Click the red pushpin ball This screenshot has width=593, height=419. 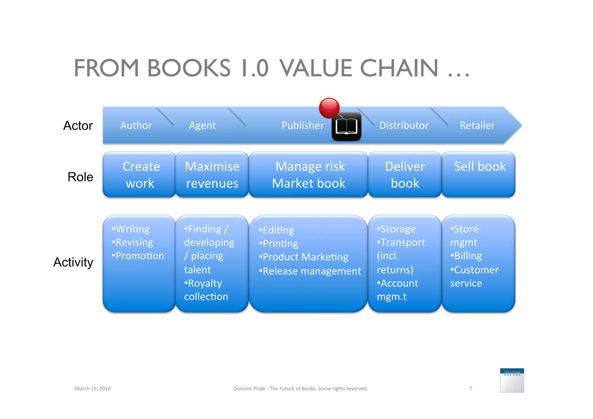pos(329,108)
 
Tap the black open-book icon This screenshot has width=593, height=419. pos(346,127)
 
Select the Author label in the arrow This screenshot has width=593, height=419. pos(136,125)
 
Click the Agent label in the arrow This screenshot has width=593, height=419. pos(202,125)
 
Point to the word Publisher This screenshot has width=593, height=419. pos(303,125)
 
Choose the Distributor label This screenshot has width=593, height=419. pos(404,125)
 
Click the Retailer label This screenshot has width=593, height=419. pos(477,125)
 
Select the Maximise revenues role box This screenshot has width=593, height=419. pos(212,175)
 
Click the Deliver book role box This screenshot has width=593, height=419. pos(405,175)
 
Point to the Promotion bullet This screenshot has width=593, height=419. pos(138,256)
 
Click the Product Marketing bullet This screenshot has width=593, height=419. pos(304,257)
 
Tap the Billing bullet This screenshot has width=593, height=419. pos(466,256)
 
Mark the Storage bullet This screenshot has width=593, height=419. pos(397,229)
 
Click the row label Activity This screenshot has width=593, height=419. pos(73,262)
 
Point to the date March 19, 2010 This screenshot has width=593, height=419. pos(93,389)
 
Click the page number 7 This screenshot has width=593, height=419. pos(471,389)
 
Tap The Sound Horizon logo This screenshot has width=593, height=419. pos(512,380)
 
